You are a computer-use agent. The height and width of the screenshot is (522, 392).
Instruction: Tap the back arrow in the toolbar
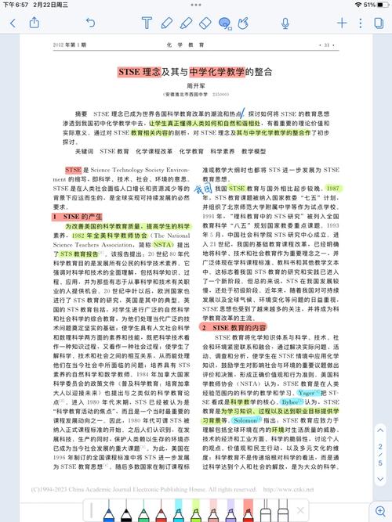[x=13, y=24]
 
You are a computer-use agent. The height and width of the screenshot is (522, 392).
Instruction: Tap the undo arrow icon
[x=91, y=24]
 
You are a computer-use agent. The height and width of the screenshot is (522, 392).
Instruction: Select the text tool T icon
[x=147, y=24]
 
